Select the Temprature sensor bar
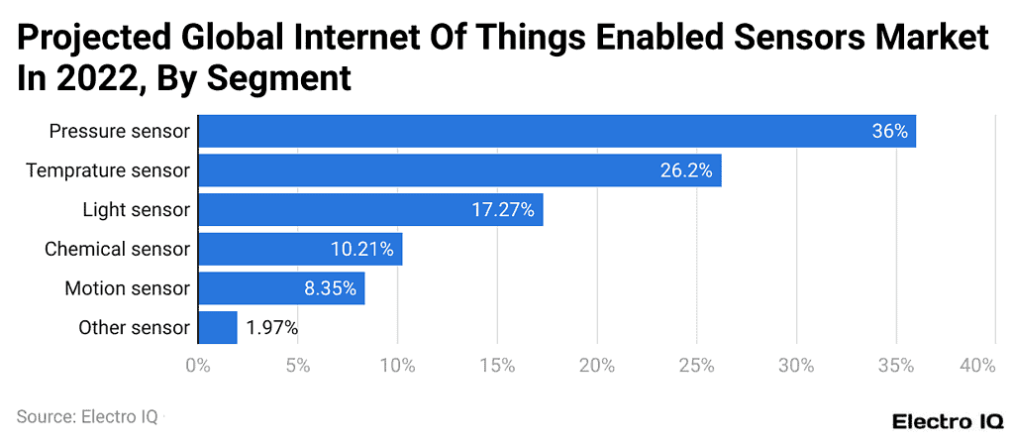459,170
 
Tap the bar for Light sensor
370,209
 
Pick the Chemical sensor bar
300,249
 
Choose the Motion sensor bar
281,288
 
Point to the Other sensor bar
218,327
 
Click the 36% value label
889,131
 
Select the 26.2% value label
686,170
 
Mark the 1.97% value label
272,328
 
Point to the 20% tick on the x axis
597,366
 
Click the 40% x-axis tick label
977,366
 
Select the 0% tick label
198,366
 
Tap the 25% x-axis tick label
697,366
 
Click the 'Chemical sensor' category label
116,249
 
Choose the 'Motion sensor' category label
126,288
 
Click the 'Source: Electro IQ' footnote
87,417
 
